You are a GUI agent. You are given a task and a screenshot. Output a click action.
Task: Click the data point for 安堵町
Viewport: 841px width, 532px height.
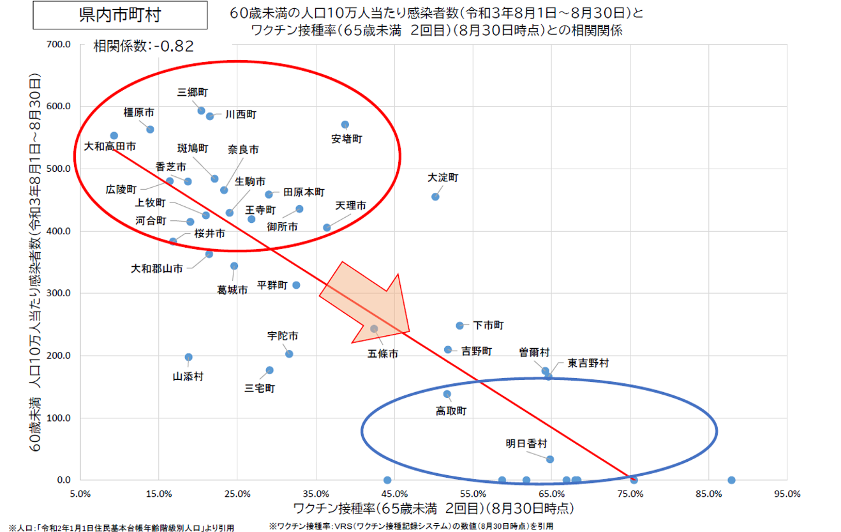(345, 125)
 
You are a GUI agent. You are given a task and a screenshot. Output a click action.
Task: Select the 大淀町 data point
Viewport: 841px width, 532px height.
(435, 197)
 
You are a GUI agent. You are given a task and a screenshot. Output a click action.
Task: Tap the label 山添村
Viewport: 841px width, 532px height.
(188, 377)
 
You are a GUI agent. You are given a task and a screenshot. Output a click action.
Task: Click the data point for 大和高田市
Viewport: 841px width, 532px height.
(114, 135)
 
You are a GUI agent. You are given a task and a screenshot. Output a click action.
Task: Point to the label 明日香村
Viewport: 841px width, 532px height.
(526, 443)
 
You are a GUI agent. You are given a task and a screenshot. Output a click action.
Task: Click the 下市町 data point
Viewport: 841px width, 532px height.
(459, 326)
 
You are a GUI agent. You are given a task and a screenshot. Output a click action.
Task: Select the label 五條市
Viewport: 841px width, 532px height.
(383, 353)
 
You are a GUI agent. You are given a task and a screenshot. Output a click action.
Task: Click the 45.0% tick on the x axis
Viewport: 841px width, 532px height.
(394, 494)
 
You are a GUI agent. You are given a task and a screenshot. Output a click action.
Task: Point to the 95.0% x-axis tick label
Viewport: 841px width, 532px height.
(787, 494)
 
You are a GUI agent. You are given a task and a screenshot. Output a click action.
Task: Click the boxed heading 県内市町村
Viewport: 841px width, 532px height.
(120, 15)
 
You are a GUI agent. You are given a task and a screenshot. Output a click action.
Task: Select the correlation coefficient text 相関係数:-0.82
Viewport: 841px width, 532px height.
(144, 46)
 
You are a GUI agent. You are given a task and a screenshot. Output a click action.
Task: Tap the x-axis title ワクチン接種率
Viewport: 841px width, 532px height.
(433, 509)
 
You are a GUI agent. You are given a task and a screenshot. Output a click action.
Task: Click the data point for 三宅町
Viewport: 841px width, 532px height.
(269, 370)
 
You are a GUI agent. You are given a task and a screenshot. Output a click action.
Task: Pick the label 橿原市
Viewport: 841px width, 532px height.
(138, 112)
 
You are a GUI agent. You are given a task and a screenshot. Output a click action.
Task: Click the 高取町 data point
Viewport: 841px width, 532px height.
(447, 394)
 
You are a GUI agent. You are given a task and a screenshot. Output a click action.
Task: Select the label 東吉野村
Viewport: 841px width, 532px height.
(588, 363)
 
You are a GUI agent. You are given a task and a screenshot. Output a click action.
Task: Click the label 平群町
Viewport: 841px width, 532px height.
(272, 285)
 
